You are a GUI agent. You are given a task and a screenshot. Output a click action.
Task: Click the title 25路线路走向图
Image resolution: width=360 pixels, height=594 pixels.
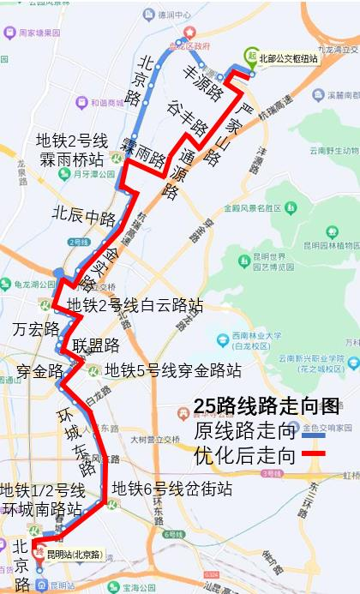(x=267, y=406)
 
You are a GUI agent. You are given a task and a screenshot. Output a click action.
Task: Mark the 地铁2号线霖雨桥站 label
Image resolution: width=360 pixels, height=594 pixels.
(x=71, y=151)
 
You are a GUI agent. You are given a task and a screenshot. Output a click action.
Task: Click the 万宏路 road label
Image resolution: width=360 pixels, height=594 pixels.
(x=36, y=329)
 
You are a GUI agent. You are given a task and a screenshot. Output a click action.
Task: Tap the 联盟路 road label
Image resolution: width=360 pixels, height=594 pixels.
(x=96, y=345)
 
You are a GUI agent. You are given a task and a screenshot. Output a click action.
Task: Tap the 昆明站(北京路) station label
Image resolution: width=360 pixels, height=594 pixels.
(x=75, y=555)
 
